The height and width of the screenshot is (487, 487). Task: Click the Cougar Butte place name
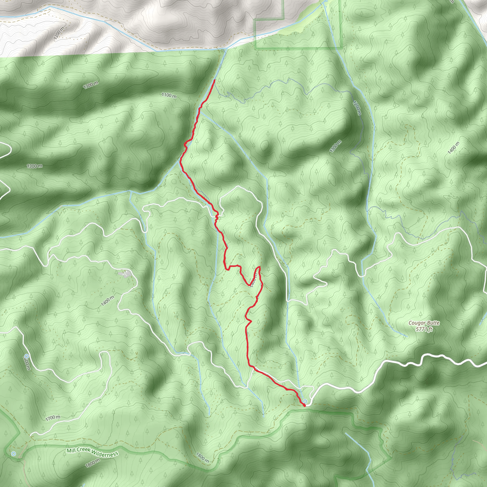[424, 323]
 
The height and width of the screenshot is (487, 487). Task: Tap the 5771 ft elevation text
[424, 329]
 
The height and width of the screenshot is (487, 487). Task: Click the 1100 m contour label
[169, 95]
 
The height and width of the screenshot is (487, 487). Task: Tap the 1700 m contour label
[53, 418]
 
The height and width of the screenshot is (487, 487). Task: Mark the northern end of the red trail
[214, 80]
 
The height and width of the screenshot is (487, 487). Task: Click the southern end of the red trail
[305, 406]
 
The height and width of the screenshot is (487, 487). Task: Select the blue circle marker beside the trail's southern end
[305, 401]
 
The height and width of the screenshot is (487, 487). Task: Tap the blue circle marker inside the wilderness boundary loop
[14, 454]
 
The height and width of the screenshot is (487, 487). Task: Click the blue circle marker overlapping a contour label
[26, 356]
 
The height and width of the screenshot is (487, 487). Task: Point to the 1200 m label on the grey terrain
[59, 34]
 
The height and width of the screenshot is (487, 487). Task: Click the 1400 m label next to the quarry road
[108, 301]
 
